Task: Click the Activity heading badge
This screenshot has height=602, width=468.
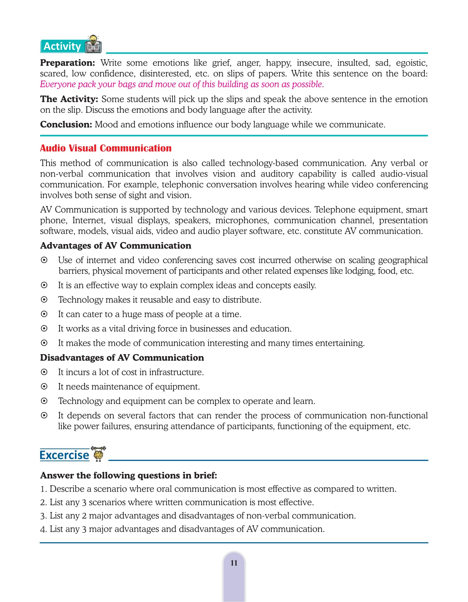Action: coord(62,46)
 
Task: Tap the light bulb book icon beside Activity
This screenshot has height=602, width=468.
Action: coord(93,44)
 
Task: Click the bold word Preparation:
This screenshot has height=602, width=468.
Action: coord(68,63)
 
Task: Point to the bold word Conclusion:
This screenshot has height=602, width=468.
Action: coord(66,124)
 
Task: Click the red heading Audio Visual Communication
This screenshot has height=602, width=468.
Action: coord(106,148)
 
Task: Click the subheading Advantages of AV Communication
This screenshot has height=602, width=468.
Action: coord(116,245)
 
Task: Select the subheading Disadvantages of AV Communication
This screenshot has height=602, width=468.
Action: coord(122,358)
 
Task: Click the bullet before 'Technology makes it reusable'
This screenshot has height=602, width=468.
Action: coord(44,300)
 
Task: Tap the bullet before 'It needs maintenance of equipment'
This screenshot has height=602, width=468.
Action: coord(44,387)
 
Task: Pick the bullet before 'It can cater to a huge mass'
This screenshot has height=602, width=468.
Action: coord(44,314)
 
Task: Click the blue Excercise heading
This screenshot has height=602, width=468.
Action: coord(64,455)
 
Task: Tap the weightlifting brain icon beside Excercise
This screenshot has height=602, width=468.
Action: coord(98,454)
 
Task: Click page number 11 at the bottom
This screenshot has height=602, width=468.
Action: coord(234,563)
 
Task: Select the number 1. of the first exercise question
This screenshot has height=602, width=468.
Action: coord(43,489)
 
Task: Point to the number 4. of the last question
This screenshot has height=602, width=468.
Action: coord(43,529)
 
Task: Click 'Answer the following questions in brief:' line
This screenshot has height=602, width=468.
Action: coord(128,475)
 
